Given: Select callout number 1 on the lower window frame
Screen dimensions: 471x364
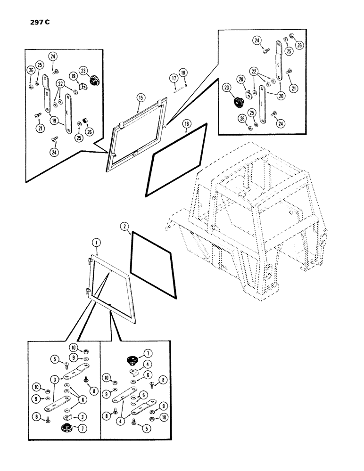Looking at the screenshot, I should pyautogui.click(x=96, y=243).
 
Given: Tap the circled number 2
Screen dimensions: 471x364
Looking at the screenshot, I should pyautogui.click(x=124, y=227).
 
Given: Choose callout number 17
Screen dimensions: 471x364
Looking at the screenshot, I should pyautogui.click(x=174, y=77).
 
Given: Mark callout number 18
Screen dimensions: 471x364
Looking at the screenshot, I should pyautogui.click(x=183, y=72).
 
